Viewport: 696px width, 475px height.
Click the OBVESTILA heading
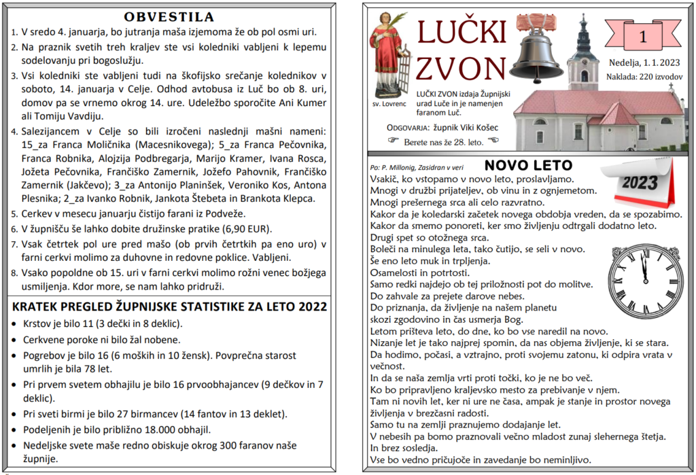169,17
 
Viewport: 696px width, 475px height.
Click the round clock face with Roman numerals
646,281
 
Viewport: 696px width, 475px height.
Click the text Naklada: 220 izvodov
644,77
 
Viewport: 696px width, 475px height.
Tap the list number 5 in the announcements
15,213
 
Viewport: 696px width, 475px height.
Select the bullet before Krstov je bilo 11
16,324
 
